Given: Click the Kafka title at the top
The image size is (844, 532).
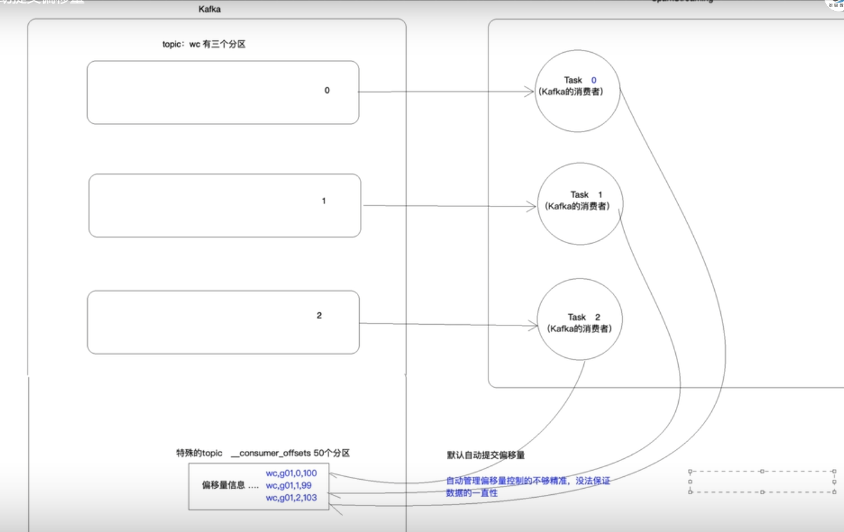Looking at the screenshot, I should click(210, 9).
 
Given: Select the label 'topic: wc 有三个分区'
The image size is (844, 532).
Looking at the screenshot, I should click(204, 44).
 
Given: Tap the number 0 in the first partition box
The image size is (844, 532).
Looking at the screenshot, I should click(327, 90).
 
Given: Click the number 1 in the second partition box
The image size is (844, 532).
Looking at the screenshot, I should click(324, 201).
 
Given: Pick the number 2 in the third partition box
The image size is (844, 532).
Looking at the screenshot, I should click(319, 315).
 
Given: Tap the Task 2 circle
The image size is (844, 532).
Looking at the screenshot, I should click(579, 342).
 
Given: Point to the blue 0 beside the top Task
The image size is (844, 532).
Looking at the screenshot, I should click(594, 80).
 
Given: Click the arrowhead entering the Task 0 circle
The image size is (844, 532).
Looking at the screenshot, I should click(529, 91).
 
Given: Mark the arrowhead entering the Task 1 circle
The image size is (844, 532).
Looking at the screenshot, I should click(531, 207).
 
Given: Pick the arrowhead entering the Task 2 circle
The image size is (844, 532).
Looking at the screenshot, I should click(533, 325).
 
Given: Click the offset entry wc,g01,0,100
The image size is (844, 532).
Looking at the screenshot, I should click(291, 473).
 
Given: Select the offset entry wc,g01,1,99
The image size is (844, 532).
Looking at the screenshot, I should click(289, 485).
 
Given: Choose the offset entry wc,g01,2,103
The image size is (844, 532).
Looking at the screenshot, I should click(291, 497).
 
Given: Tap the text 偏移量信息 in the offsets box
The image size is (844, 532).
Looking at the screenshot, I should click(223, 485).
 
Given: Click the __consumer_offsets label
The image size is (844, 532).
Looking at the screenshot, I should click(290, 453).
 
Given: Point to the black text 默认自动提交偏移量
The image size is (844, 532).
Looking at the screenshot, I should click(485, 455).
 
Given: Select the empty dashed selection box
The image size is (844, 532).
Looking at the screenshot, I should click(762, 482).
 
